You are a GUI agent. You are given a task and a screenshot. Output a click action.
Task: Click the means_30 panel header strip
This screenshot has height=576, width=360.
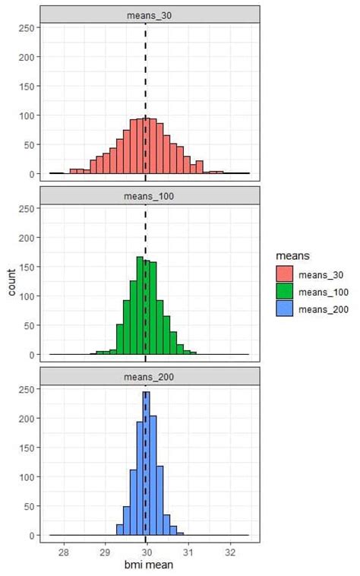point(150,14)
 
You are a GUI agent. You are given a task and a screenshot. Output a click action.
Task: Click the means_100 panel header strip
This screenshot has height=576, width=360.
point(150,195)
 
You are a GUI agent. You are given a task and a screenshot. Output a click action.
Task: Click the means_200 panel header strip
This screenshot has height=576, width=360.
point(150,376)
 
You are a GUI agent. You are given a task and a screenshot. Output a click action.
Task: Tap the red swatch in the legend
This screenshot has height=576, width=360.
point(283,274)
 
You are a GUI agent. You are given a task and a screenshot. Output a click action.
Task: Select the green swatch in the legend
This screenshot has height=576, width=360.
point(283,292)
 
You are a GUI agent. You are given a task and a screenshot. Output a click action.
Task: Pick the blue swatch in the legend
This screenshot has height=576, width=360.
point(283,309)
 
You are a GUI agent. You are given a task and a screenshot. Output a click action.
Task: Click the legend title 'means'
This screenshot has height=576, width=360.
point(291,258)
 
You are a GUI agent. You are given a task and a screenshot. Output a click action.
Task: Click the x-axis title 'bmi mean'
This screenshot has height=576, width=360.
point(150,565)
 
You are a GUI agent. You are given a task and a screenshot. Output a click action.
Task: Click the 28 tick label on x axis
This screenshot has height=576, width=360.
point(64,552)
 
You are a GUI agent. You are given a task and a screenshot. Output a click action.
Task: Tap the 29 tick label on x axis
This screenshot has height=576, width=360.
point(106,552)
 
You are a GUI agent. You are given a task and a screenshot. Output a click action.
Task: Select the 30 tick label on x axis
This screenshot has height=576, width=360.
point(147,552)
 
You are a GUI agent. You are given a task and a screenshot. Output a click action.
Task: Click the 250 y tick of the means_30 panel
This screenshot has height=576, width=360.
point(26,27)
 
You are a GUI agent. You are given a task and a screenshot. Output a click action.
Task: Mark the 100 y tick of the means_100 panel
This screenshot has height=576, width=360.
point(26,296)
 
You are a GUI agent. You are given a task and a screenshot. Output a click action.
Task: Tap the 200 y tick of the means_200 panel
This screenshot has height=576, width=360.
point(26,419)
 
